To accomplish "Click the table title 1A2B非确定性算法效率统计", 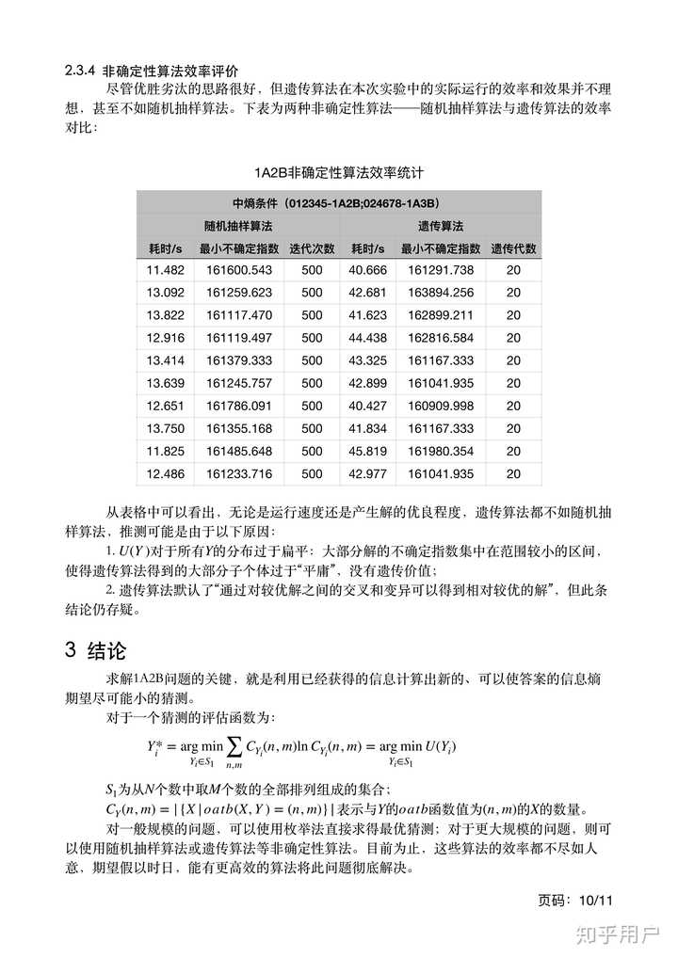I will (x=338, y=173).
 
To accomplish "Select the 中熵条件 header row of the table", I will (x=338, y=203).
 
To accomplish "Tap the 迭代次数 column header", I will (x=312, y=249).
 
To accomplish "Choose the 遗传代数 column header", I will (x=513, y=249).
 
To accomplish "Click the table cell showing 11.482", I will (x=165, y=270).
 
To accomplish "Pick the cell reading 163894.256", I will (x=441, y=293).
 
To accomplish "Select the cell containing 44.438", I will (x=368, y=338).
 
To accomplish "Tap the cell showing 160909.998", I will (x=441, y=406).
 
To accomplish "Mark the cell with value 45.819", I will (x=368, y=451).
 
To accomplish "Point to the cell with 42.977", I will (x=368, y=473).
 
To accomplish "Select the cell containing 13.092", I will (x=165, y=293).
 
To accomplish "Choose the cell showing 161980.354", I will (x=441, y=451).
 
